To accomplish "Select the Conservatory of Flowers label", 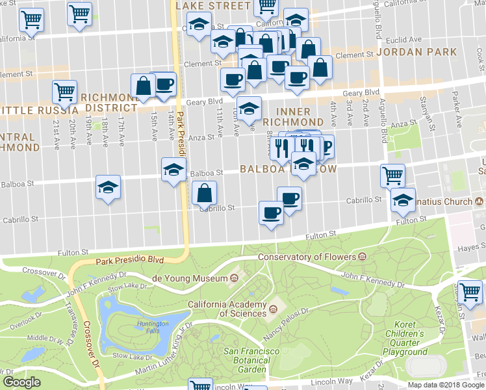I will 308,257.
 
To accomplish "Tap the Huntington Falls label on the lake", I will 153,327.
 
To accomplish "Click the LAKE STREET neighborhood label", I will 212,6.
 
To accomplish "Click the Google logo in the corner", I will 22,382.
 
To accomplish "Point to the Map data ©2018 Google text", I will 446,385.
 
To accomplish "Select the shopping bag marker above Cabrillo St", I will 205,192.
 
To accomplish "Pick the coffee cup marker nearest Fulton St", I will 271,212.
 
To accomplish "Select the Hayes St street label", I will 471,248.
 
